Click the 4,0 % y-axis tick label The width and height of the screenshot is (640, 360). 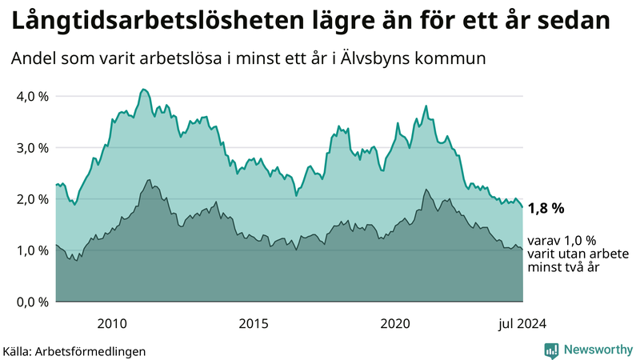tap(32, 97)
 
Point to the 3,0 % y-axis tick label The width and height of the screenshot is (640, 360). tap(32, 148)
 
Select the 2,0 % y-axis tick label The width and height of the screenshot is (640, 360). tap(32, 199)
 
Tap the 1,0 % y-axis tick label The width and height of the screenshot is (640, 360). tap(32, 250)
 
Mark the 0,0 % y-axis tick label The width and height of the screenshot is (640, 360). tap(32, 302)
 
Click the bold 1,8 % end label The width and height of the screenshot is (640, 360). tap(546, 208)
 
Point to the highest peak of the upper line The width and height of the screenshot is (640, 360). tap(142, 89)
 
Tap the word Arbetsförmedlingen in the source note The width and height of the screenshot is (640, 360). tap(95, 350)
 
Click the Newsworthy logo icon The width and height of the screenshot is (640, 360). tap(551, 350)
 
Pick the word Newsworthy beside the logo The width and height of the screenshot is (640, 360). tap(596, 350)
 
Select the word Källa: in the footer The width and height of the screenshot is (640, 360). tap(21, 350)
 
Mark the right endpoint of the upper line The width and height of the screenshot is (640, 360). tap(522, 207)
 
